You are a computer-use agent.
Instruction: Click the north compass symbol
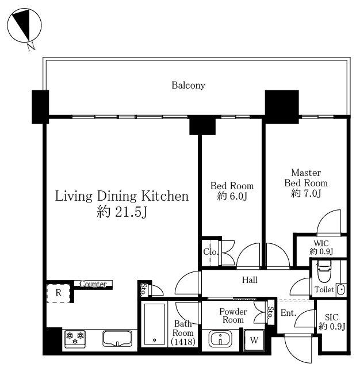click(x=24, y=26)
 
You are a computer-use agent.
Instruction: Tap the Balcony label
click(x=188, y=85)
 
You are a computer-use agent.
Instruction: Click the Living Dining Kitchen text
click(x=122, y=196)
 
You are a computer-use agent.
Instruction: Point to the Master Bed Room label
click(x=306, y=178)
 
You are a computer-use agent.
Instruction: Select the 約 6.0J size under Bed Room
click(x=232, y=196)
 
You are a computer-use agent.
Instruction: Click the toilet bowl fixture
click(x=324, y=271)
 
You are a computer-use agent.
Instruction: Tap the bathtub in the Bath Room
click(x=154, y=323)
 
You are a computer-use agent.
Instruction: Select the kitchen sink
click(x=117, y=339)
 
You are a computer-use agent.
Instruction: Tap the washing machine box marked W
click(x=254, y=340)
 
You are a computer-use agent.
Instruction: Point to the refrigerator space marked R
click(x=58, y=293)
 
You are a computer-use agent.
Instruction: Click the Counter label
click(x=93, y=284)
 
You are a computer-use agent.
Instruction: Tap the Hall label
click(x=250, y=280)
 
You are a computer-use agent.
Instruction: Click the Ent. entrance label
click(x=288, y=312)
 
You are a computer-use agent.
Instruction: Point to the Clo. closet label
click(x=210, y=251)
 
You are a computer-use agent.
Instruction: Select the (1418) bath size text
click(x=183, y=342)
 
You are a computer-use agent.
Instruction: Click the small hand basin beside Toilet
click(x=340, y=290)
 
